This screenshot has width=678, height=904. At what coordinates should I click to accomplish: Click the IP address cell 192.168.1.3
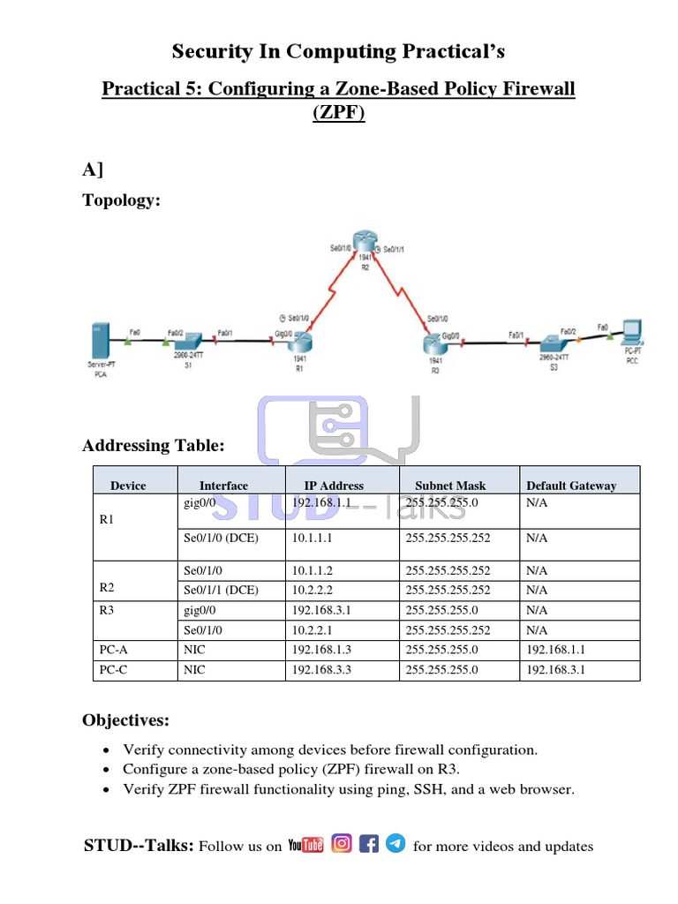pyautogui.click(x=321, y=650)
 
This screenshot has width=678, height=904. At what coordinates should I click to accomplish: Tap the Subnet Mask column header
pyautogui.click(x=449, y=486)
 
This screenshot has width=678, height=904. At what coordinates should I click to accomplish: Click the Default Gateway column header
pyautogui.click(x=571, y=486)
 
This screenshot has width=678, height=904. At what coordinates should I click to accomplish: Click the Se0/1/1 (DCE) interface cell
pyautogui.click(x=221, y=590)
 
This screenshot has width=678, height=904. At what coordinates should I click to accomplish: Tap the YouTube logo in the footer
pyautogui.click(x=305, y=845)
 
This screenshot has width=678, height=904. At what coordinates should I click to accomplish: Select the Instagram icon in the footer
pyautogui.click(x=343, y=844)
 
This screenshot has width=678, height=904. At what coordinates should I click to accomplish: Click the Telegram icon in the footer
pyautogui.click(x=396, y=844)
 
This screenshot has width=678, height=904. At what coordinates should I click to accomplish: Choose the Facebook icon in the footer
pyautogui.click(x=370, y=844)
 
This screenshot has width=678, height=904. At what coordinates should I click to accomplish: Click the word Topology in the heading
pyautogui.click(x=120, y=200)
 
